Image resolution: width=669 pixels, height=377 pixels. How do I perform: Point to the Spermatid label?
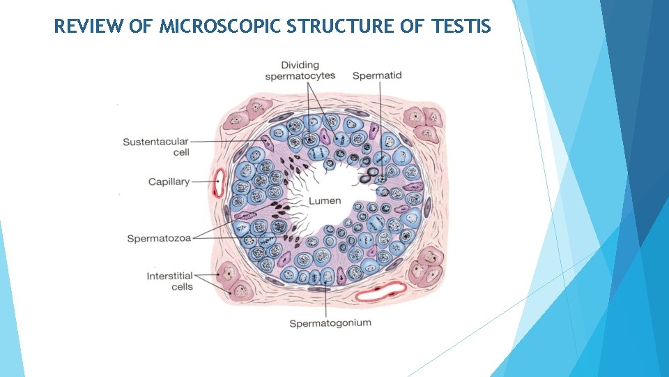tap(377, 75)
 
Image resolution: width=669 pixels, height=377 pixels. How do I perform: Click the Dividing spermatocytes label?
tap(300, 70)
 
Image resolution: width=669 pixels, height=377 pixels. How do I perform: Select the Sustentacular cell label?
tap(156, 147)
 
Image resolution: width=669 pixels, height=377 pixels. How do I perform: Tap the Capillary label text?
tap(169, 182)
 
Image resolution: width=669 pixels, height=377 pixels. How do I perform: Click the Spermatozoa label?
tap(159, 239)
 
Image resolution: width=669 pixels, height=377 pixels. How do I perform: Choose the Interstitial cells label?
tap(170, 281)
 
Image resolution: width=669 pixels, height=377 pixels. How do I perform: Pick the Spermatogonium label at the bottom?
tap(330, 323)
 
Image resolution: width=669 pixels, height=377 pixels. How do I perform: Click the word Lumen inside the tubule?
tap(325, 200)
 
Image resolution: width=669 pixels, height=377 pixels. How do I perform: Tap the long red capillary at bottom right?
tap(380, 290)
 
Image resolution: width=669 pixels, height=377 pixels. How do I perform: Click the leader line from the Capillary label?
tap(203, 182)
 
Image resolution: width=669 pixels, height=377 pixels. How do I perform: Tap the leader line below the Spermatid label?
tap(380, 119)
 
